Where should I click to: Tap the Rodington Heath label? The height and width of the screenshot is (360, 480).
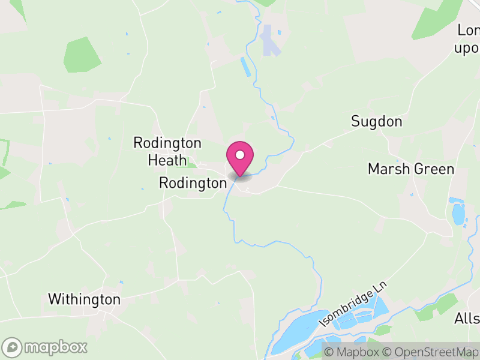click(x=167, y=151)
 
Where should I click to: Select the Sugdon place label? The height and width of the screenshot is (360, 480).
click(x=376, y=122)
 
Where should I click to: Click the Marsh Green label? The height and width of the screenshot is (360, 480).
click(x=411, y=169)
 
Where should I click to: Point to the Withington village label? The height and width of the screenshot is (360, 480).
click(x=84, y=299)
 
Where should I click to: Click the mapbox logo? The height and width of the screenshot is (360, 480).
click(x=45, y=347)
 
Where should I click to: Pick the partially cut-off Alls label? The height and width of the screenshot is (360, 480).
click(x=467, y=317)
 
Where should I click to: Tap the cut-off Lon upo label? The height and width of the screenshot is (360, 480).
click(x=468, y=39)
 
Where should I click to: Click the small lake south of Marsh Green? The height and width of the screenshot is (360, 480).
click(x=458, y=214)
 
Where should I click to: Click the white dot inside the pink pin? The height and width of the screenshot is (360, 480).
click(x=240, y=155)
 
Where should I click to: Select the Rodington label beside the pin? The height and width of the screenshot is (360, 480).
click(x=191, y=184)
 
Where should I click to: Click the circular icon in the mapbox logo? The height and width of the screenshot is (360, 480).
click(x=13, y=347)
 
